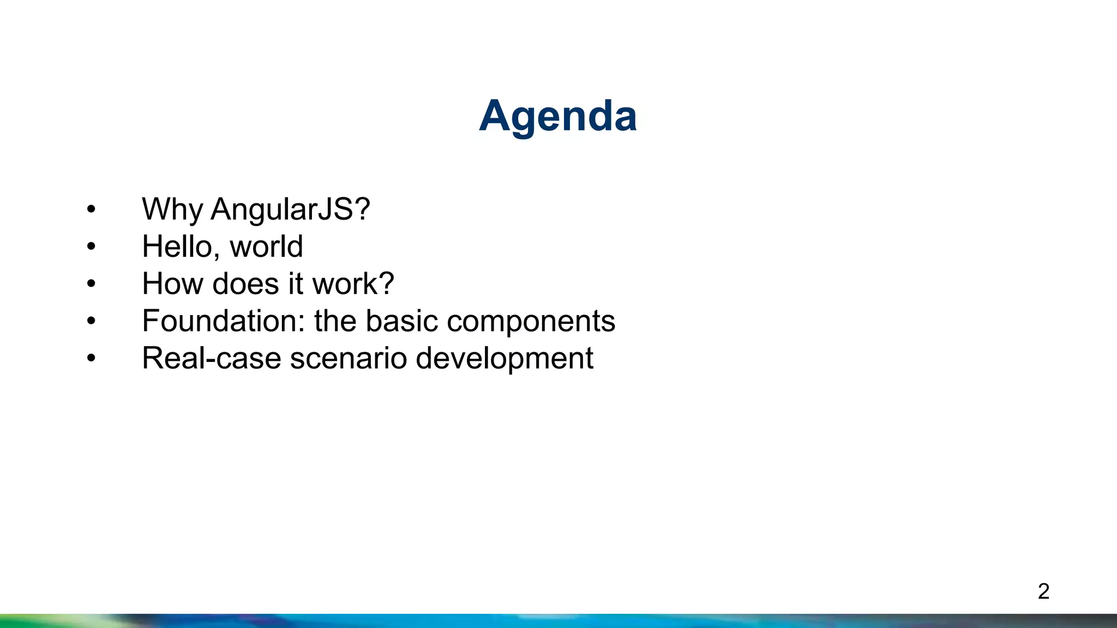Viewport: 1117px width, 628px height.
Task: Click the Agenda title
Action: [557, 116]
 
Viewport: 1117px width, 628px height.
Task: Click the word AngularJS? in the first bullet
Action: [290, 209]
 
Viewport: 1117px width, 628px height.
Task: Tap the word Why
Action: [172, 209]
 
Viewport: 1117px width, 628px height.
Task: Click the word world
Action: [266, 246]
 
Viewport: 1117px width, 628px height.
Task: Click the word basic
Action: [401, 321]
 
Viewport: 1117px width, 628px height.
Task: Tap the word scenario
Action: [348, 358]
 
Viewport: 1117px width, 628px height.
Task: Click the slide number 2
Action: [1043, 591]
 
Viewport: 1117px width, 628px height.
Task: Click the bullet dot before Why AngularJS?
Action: [91, 209]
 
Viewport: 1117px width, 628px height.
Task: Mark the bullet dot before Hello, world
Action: [91, 246]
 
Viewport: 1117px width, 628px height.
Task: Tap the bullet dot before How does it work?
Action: [91, 283]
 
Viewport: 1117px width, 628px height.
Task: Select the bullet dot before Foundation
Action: [91, 321]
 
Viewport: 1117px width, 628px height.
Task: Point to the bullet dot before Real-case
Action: [91, 358]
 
